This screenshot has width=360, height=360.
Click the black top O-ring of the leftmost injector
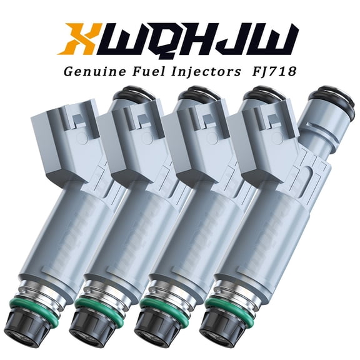click(128, 97)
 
